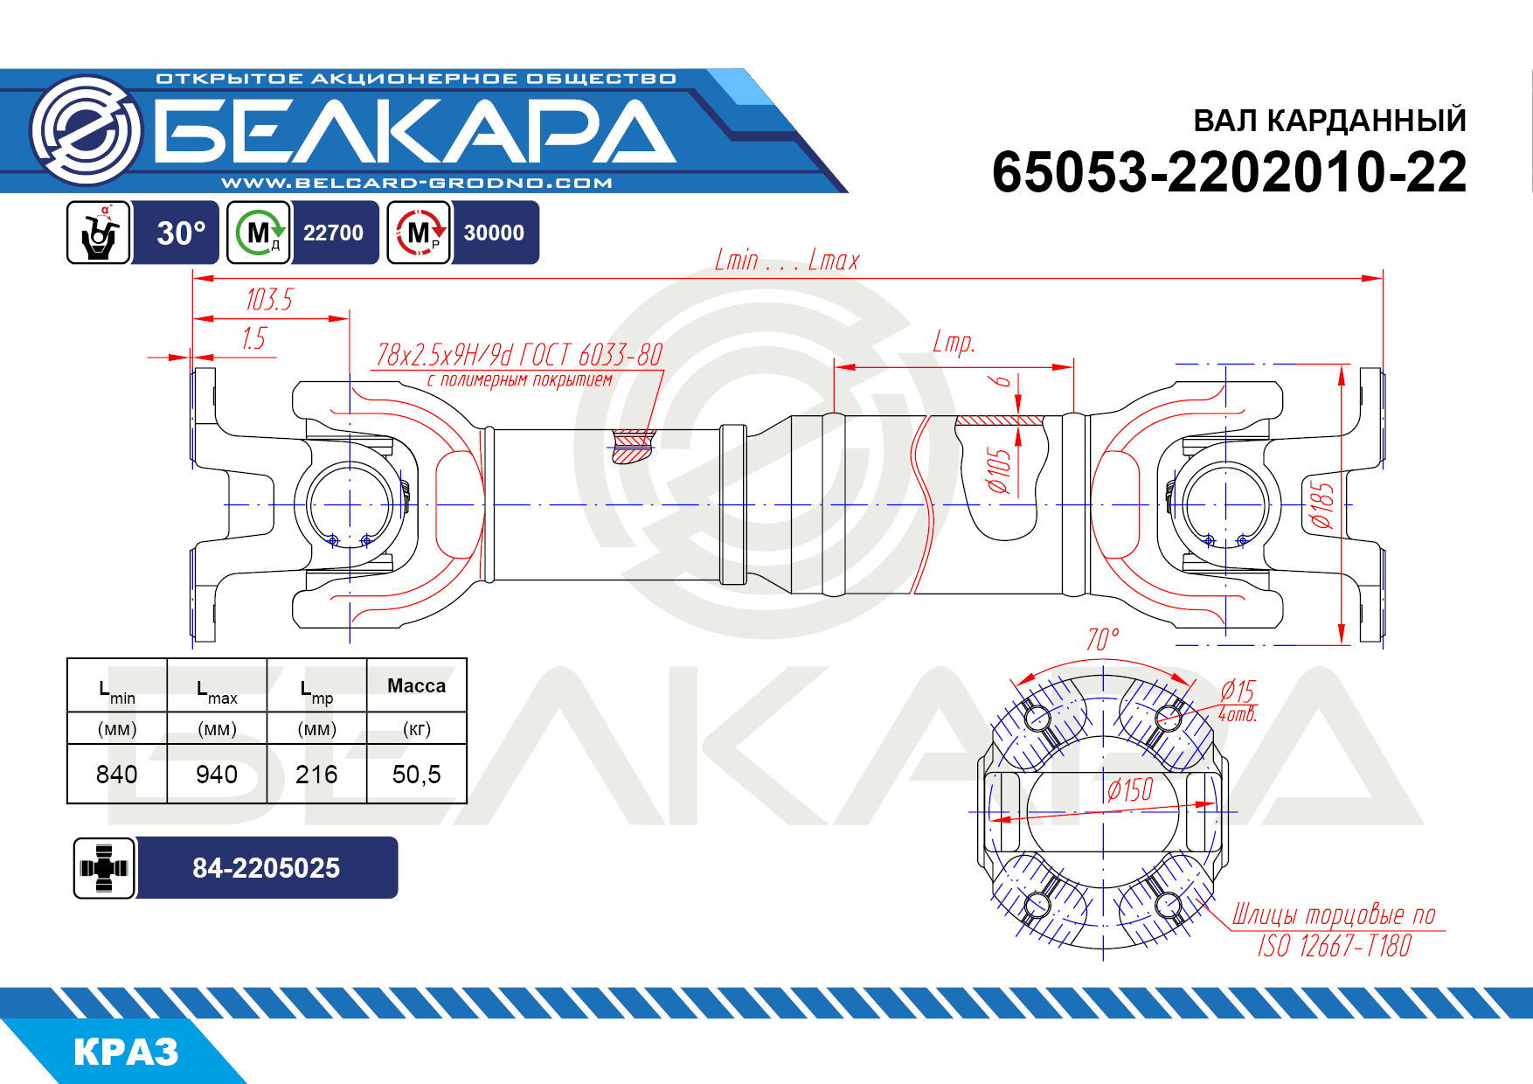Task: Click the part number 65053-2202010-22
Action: pos(1229,171)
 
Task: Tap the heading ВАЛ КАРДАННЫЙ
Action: pos(1329,121)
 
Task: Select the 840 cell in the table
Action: pos(117,775)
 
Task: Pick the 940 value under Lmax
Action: pos(217,775)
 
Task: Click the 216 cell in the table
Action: pos(316,775)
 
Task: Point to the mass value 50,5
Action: pos(417,775)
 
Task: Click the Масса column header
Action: pos(417,686)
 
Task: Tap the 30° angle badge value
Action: pos(181,233)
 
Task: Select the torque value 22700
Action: pos(333,233)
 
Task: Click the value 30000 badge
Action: pos(494,233)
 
